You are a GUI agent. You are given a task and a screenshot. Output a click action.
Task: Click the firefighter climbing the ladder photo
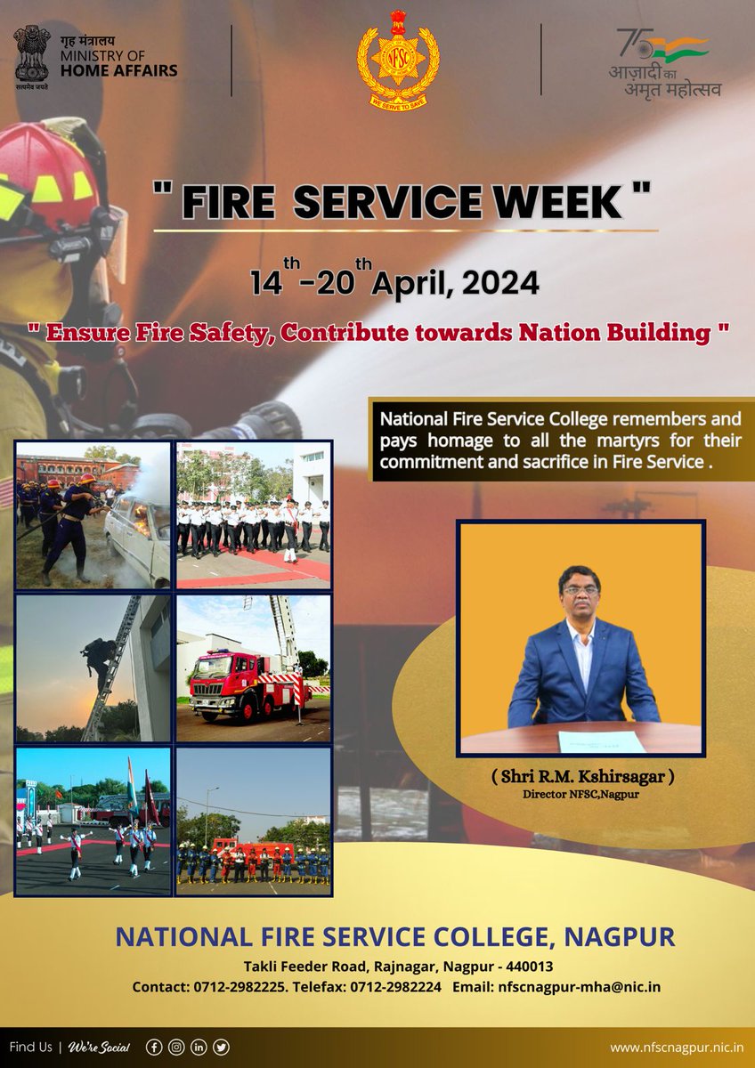93,667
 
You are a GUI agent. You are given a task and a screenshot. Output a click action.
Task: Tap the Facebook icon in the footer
154,1048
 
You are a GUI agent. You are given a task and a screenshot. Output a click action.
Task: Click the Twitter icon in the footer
221,1048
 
